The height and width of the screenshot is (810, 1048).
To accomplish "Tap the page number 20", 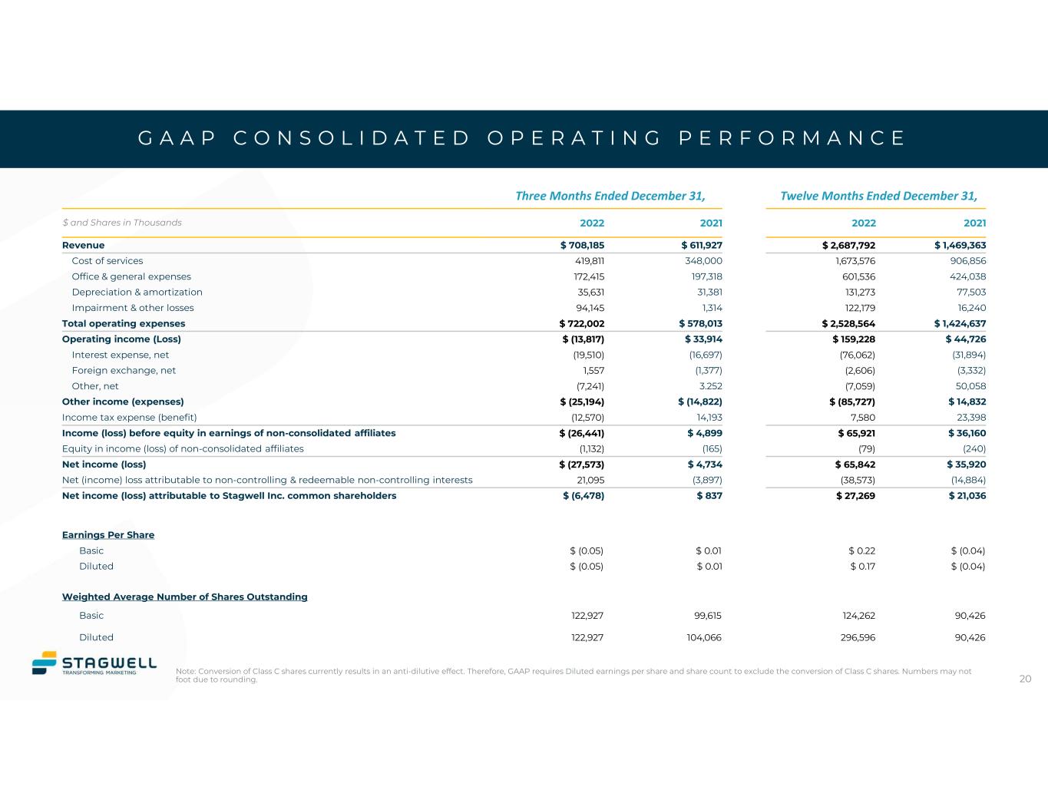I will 1025,679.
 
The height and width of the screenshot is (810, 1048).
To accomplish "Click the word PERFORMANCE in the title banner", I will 793,138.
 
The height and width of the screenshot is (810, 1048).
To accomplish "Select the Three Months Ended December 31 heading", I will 610,195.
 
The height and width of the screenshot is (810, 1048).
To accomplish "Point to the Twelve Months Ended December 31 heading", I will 878,195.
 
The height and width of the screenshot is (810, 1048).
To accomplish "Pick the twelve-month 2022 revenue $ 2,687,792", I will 848,246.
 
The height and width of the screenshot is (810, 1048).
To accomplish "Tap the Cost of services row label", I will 107,261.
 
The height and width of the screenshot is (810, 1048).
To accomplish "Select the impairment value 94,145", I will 589,308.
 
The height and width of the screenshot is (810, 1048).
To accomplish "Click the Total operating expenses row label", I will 124,323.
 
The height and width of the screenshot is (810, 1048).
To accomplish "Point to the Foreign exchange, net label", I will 124,370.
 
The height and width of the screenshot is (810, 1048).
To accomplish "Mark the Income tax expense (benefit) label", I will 130,418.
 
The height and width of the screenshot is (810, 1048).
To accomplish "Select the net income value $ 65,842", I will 855,465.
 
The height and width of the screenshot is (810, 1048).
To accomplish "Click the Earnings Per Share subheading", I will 108,534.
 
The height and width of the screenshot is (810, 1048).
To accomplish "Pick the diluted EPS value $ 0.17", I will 862,567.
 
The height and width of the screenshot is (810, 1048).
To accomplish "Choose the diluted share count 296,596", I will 859,637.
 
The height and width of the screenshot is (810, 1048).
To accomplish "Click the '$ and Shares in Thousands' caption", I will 122,223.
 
